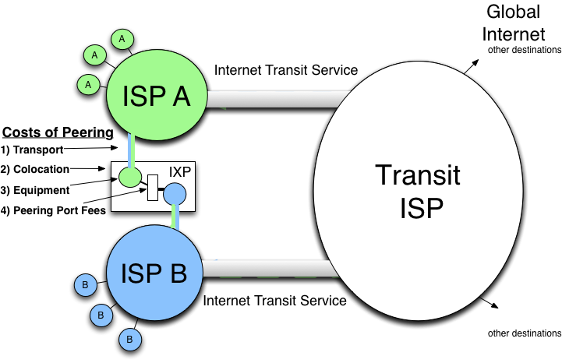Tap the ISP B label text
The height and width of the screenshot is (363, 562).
[154, 273]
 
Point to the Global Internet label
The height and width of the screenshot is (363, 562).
[514, 23]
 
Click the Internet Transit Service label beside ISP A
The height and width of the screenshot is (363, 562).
[286, 70]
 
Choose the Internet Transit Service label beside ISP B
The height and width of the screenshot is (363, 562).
[275, 301]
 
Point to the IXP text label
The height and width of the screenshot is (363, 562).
[181, 171]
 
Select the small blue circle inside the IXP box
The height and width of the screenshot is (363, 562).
[175, 193]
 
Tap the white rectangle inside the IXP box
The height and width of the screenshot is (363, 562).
[153, 187]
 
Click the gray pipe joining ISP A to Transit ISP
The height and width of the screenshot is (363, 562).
[273, 100]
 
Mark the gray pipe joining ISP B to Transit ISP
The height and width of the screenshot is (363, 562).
[265, 270]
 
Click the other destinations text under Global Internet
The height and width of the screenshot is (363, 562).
[525, 50]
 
